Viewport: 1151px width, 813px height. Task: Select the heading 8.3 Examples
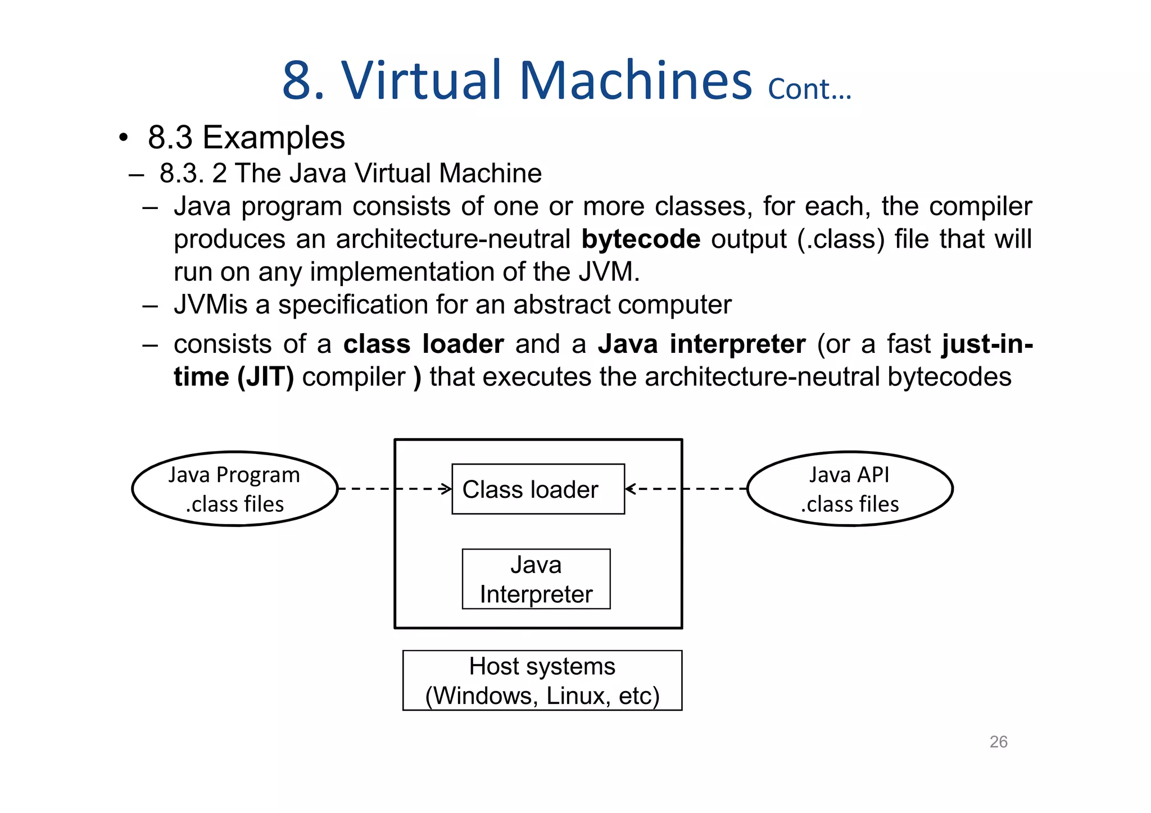pyautogui.click(x=246, y=138)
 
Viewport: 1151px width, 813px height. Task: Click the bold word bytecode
pyautogui.click(x=641, y=239)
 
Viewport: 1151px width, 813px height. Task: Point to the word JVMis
pyautogui.click(x=210, y=305)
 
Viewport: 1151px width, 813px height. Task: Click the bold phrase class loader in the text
pyautogui.click(x=423, y=344)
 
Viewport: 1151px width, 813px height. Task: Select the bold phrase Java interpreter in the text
pyautogui.click(x=701, y=344)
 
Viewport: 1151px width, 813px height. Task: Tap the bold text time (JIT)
pyautogui.click(x=234, y=377)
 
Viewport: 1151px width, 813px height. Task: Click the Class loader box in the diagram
pyautogui.click(x=538, y=489)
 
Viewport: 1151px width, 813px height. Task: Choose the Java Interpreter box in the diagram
pyautogui.click(x=536, y=579)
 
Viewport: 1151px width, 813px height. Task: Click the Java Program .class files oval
pyautogui.click(x=235, y=489)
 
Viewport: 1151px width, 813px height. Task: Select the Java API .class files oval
pyautogui.click(x=849, y=489)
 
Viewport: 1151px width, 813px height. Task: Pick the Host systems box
pyautogui.click(x=542, y=680)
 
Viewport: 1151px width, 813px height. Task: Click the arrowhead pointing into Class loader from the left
pyautogui.click(x=447, y=489)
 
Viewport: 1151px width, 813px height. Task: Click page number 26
pyautogui.click(x=998, y=742)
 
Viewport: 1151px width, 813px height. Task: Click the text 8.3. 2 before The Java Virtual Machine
pyautogui.click(x=193, y=174)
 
